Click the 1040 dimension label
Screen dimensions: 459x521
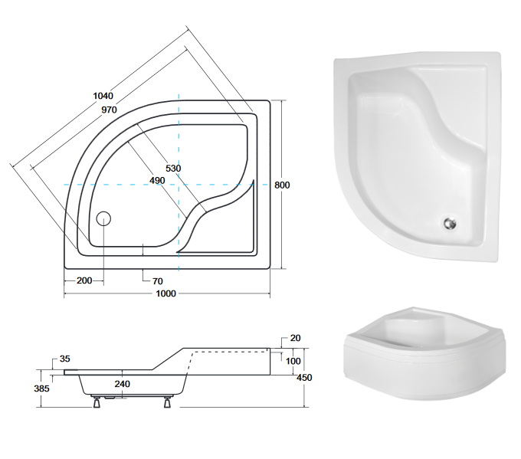click(103, 96)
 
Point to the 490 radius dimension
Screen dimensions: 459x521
click(158, 181)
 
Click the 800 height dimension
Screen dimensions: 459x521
click(282, 185)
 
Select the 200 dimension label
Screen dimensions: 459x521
click(84, 280)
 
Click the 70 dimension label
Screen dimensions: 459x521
click(158, 280)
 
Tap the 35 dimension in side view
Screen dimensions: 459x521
click(64, 359)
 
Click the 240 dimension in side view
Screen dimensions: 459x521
click(122, 384)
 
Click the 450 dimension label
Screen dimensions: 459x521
click(305, 376)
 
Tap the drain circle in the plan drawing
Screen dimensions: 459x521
click(105, 218)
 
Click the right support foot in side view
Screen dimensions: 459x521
click(165, 401)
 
